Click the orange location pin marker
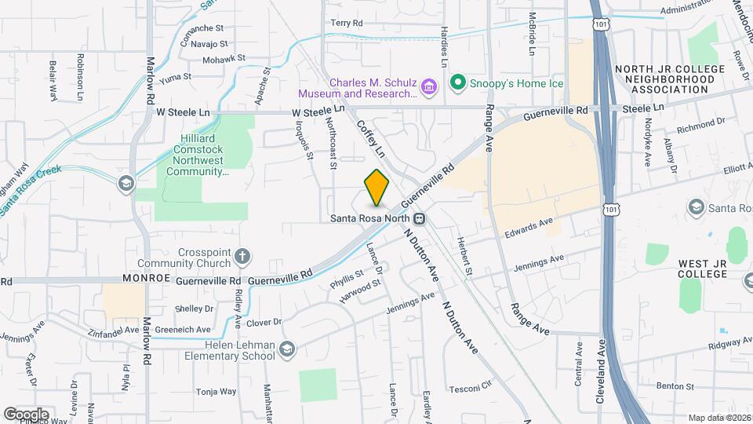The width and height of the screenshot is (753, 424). click(x=377, y=188)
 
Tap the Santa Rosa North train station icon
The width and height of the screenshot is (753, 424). click(x=420, y=218)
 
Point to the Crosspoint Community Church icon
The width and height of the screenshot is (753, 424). click(x=244, y=255)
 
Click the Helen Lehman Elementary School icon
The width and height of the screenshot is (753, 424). click(x=287, y=348)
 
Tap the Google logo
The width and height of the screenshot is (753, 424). click(x=26, y=414)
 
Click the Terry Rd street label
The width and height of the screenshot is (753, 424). click(x=346, y=24)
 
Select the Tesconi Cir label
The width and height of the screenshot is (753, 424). click(x=470, y=389)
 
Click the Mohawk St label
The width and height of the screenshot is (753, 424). click(x=224, y=58)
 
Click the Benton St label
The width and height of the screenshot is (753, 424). click(x=675, y=386)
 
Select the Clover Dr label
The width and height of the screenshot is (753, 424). click(x=264, y=322)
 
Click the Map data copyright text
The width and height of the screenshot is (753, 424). click(x=719, y=418)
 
